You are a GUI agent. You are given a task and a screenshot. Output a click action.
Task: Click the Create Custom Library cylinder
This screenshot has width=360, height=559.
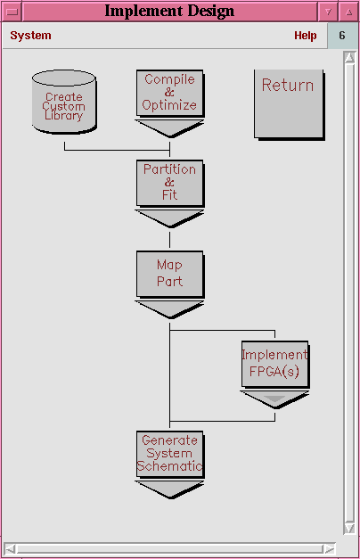[64, 102]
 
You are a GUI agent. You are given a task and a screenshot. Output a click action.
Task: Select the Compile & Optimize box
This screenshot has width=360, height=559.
[170, 94]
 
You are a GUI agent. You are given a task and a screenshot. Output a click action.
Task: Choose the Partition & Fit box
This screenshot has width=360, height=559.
[170, 184]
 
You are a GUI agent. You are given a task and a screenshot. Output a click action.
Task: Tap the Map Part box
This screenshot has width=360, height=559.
[170, 274]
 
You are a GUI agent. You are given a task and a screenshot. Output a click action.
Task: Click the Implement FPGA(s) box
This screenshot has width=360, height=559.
[274, 364]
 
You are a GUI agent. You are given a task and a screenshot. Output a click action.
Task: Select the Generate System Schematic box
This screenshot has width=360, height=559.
[170, 454]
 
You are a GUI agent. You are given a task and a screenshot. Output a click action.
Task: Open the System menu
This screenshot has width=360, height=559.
[30, 36]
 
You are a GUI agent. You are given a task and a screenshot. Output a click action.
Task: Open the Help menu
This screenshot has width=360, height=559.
[306, 36]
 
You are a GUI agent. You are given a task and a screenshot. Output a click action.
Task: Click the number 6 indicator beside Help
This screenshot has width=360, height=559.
[342, 36]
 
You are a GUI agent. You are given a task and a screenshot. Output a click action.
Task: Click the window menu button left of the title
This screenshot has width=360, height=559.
[12, 12]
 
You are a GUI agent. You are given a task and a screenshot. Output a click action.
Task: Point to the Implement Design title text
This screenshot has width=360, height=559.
[169, 11]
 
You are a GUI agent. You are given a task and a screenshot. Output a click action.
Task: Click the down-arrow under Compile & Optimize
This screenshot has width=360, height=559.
[170, 128]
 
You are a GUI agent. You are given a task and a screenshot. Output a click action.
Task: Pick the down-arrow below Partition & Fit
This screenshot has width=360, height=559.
[170, 218]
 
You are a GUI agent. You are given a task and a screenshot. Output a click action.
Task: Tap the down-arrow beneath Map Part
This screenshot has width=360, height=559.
[170, 309]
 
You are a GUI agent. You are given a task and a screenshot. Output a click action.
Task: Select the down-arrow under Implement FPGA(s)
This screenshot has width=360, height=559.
[274, 399]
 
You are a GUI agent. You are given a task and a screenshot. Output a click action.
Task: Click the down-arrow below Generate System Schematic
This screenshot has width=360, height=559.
[170, 489]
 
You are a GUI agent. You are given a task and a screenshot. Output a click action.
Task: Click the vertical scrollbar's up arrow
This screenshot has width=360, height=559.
[349, 57]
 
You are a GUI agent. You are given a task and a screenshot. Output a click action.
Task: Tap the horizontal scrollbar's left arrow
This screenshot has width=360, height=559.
[10, 548]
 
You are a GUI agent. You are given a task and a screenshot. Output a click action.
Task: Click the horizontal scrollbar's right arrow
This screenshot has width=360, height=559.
[330, 548]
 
